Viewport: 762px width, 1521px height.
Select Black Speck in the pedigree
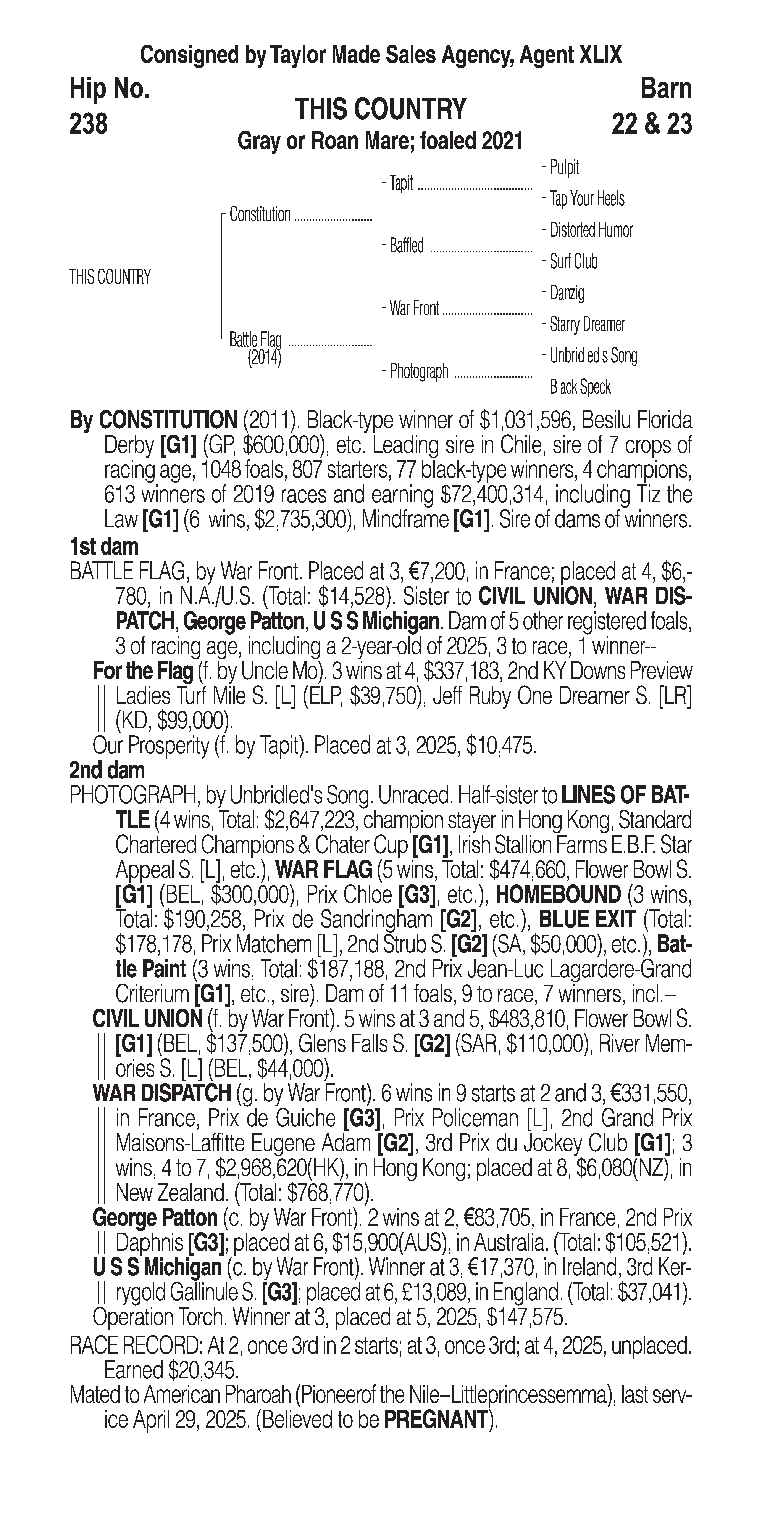pos(580,387)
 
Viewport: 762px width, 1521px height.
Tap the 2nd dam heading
pos(107,770)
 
